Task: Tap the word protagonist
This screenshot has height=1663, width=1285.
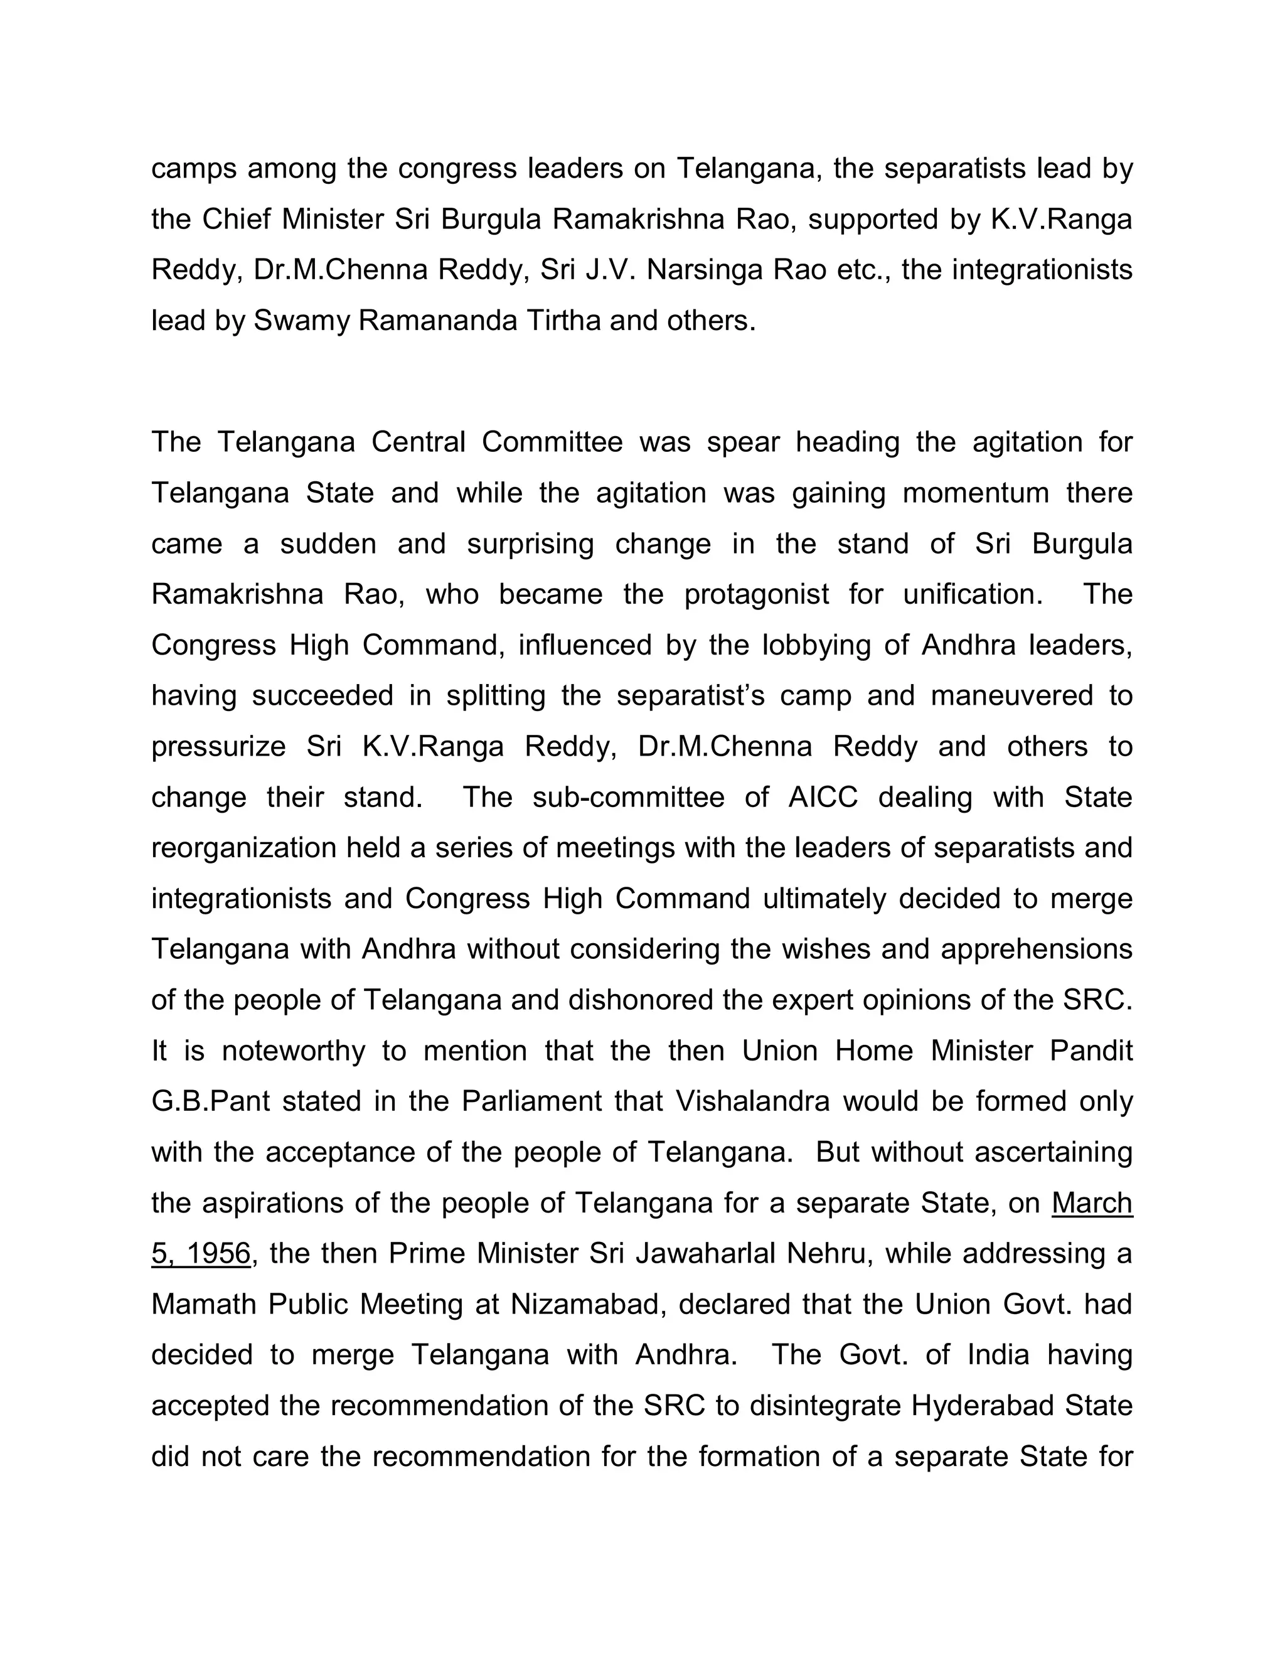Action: click(x=757, y=594)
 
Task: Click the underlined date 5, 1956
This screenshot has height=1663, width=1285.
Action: click(x=201, y=1253)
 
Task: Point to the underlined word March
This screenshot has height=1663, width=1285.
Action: click(x=1092, y=1203)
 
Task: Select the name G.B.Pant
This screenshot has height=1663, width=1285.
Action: click(x=211, y=1101)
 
